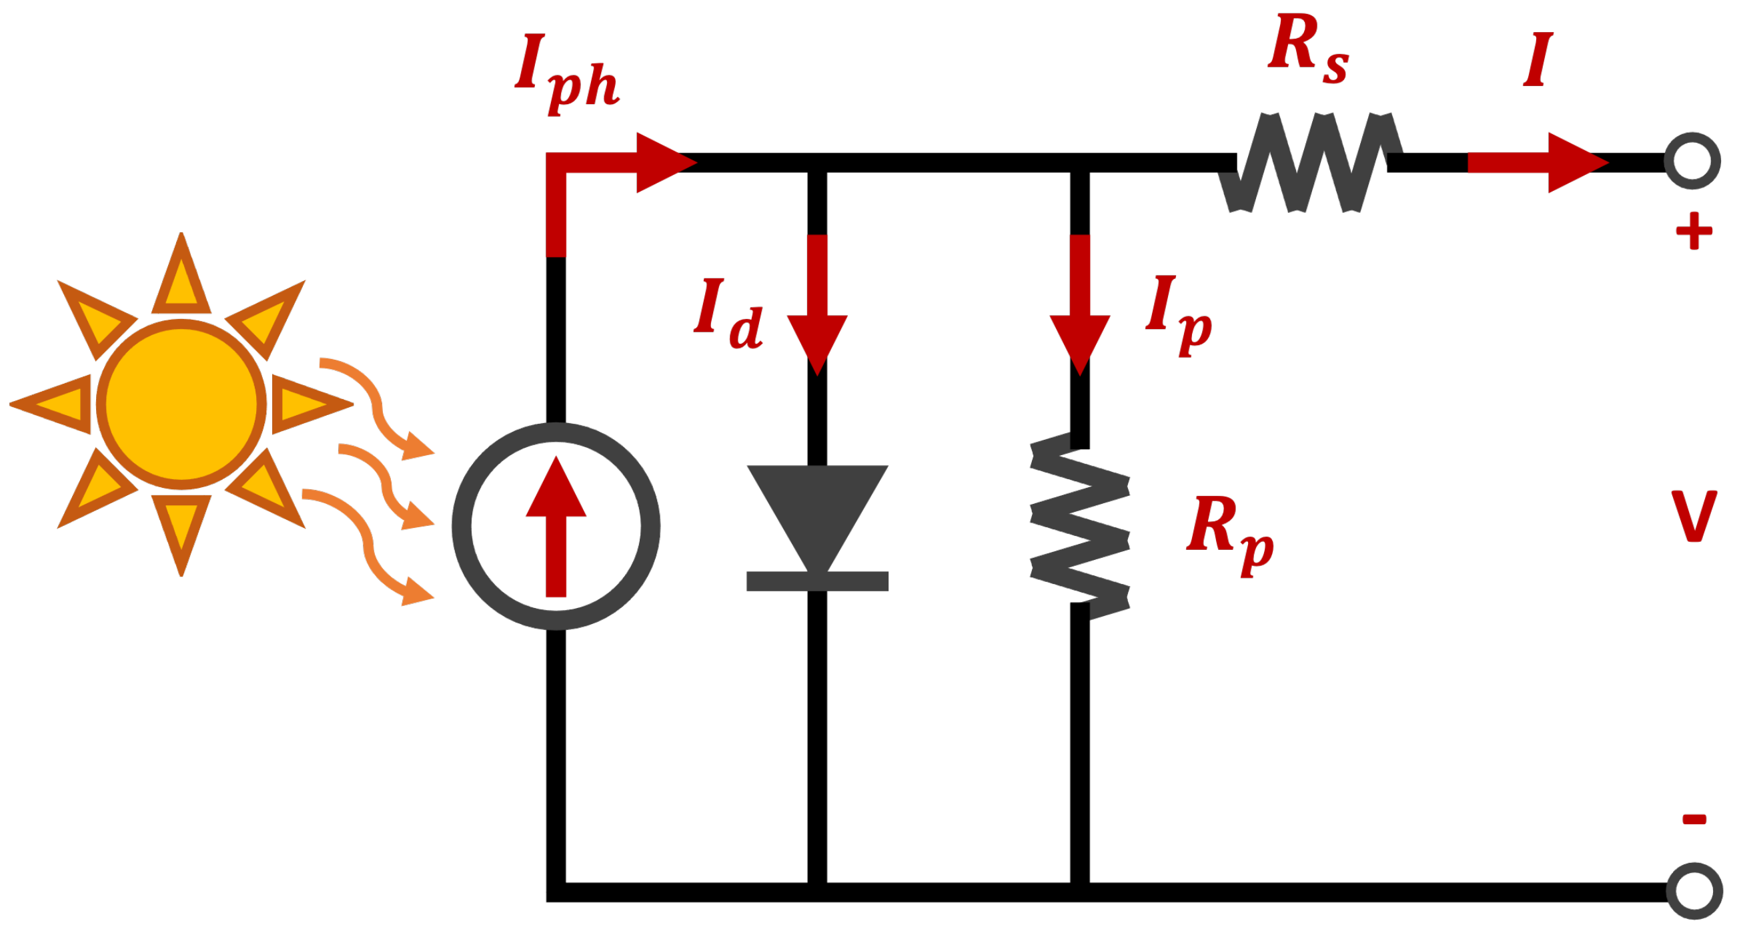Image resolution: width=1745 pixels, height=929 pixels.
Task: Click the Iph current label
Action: pyautogui.click(x=566, y=73)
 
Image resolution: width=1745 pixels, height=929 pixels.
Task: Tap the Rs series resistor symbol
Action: pyautogui.click(x=1311, y=163)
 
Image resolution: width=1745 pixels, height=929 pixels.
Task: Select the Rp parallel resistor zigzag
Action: pyautogui.click(x=1080, y=526)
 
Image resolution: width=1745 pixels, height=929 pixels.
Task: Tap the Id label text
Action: pyautogui.click(x=729, y=313)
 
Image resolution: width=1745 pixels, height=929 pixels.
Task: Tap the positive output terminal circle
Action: pyautogui.click(x=1692, y=162)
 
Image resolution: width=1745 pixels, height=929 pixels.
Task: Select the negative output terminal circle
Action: pyautogui.click(x=1694, y=891)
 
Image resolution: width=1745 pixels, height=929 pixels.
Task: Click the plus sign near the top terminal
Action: pyautogui.click(x=1694, y=231)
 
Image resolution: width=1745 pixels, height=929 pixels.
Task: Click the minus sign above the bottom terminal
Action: pyautogui.click(x=1694, y=820)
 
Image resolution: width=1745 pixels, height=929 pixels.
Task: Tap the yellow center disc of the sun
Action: pyautogui.click(x=181, y=404)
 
